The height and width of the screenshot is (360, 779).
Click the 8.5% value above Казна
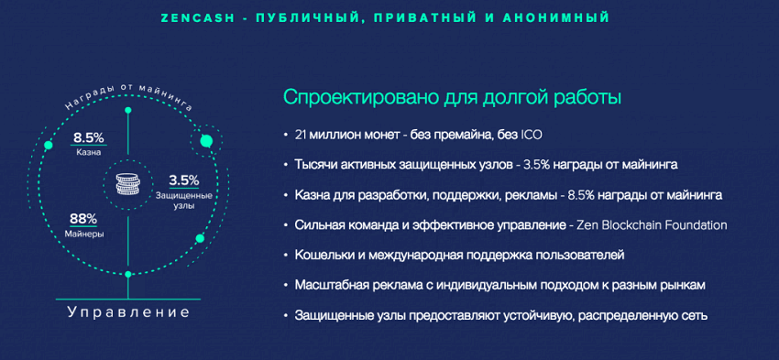88,137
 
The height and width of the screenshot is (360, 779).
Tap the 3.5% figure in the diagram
184,180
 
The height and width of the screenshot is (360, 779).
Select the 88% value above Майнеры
84,219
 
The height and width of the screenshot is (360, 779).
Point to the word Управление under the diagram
128,312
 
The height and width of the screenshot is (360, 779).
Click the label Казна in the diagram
88,152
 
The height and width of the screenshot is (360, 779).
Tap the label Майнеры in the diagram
84,234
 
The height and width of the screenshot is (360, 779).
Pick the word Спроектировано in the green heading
355,98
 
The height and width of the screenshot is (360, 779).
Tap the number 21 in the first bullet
300,135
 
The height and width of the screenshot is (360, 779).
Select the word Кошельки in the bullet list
321,256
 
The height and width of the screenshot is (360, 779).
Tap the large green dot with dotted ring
206,141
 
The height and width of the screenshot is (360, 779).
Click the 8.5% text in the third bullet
579,195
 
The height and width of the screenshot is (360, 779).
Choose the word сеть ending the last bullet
694,316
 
